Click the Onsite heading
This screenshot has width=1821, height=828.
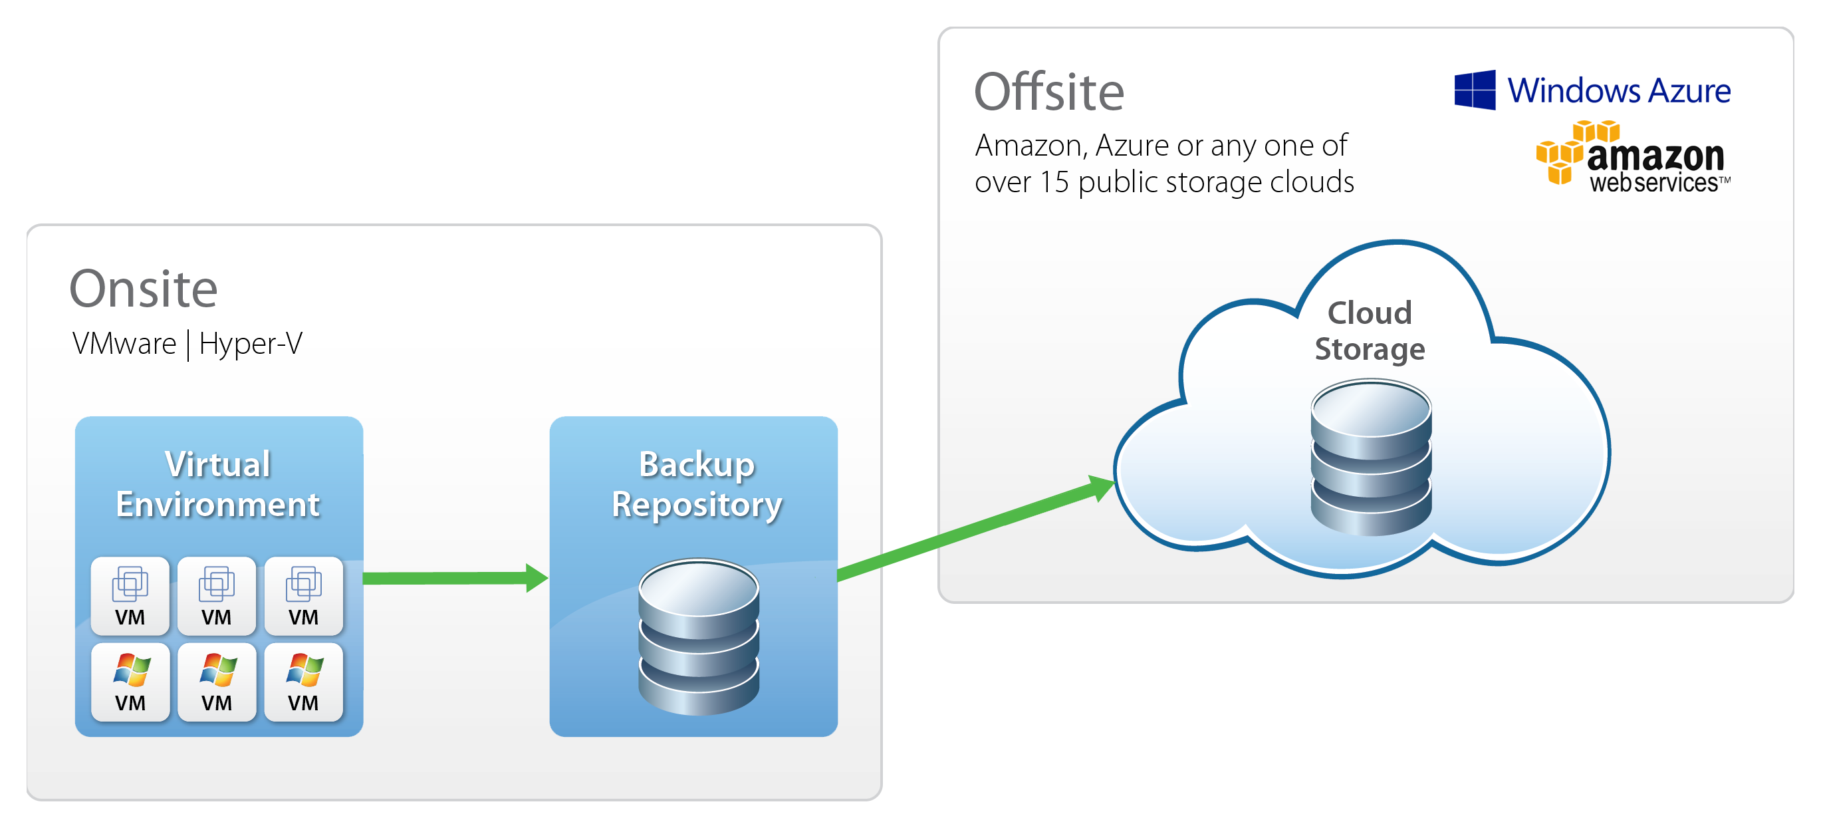pos(144,289)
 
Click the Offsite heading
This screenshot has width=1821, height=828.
pos(1048,92)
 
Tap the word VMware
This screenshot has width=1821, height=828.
pos(124,345)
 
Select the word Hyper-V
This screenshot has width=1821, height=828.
pos(250,345)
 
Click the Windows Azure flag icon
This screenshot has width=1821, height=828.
pos(1475,90)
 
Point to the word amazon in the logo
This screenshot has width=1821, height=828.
pos(1655,156)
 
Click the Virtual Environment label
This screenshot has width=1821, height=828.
pos(217,484)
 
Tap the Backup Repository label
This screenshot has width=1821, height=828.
pos(696,484)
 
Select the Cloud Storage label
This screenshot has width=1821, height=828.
pos(1370,331)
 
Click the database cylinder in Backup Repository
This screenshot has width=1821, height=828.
pos(699,636)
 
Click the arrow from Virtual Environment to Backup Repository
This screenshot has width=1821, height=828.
pos(452,578)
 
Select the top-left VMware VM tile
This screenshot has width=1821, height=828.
pos(130,595)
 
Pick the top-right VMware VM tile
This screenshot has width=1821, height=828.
pos(303,595)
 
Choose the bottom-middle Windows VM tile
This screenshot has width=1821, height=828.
pos(216,682)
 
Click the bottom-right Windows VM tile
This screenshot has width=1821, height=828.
pos(303,682)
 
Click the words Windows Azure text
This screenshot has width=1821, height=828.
pos(1619,90)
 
